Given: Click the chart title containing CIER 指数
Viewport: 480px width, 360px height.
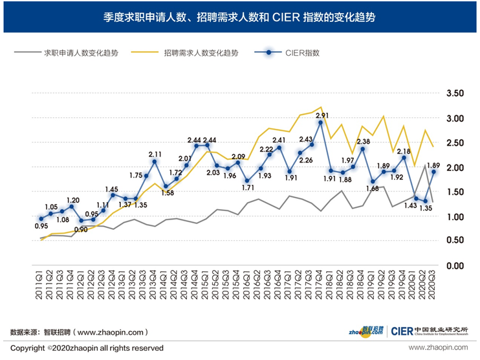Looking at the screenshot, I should [240, 17].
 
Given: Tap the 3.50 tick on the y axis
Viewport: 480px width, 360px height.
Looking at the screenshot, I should [455, 94].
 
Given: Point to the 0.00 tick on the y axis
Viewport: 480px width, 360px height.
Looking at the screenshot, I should [455, 265].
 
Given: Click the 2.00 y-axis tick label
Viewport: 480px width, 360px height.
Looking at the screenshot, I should [455, 168].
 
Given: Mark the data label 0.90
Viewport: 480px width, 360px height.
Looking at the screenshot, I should [81, 229].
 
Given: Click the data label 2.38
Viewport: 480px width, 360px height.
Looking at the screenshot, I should [363, 141].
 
